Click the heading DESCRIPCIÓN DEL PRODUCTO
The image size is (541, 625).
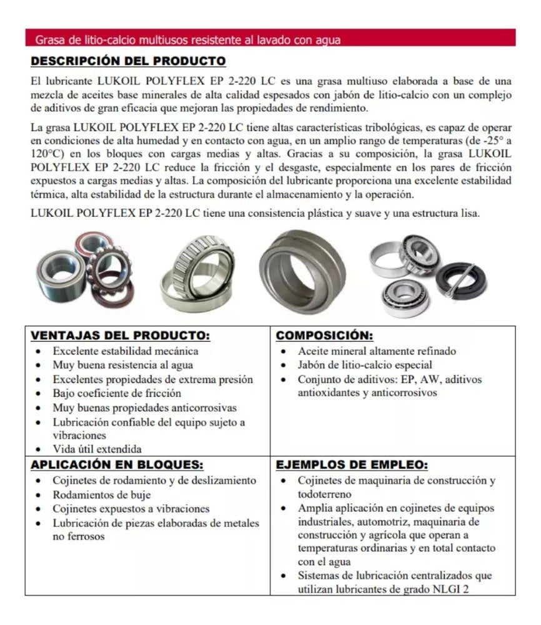[x=128, y=61]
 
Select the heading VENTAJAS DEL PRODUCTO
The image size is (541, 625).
[x=120, y=336]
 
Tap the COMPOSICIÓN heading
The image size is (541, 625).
[x=325, y=336]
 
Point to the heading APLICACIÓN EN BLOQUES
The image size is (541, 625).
[x=117, y=465]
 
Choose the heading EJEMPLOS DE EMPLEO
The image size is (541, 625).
[x=352, y=465]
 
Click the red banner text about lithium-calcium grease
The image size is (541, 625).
[x=187, y=40]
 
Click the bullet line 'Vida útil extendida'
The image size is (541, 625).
[x=97, y=449]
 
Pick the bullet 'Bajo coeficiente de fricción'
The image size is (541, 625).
[x=117, y=393]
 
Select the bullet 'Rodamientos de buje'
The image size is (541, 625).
[x=102, y=495]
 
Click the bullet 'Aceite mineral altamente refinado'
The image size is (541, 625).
[x=377, y=351]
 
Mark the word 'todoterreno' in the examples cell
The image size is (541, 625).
[x=324, y=494]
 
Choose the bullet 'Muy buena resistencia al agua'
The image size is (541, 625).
[x=122, y=365]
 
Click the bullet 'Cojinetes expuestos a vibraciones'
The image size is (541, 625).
[x=131, y=509]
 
